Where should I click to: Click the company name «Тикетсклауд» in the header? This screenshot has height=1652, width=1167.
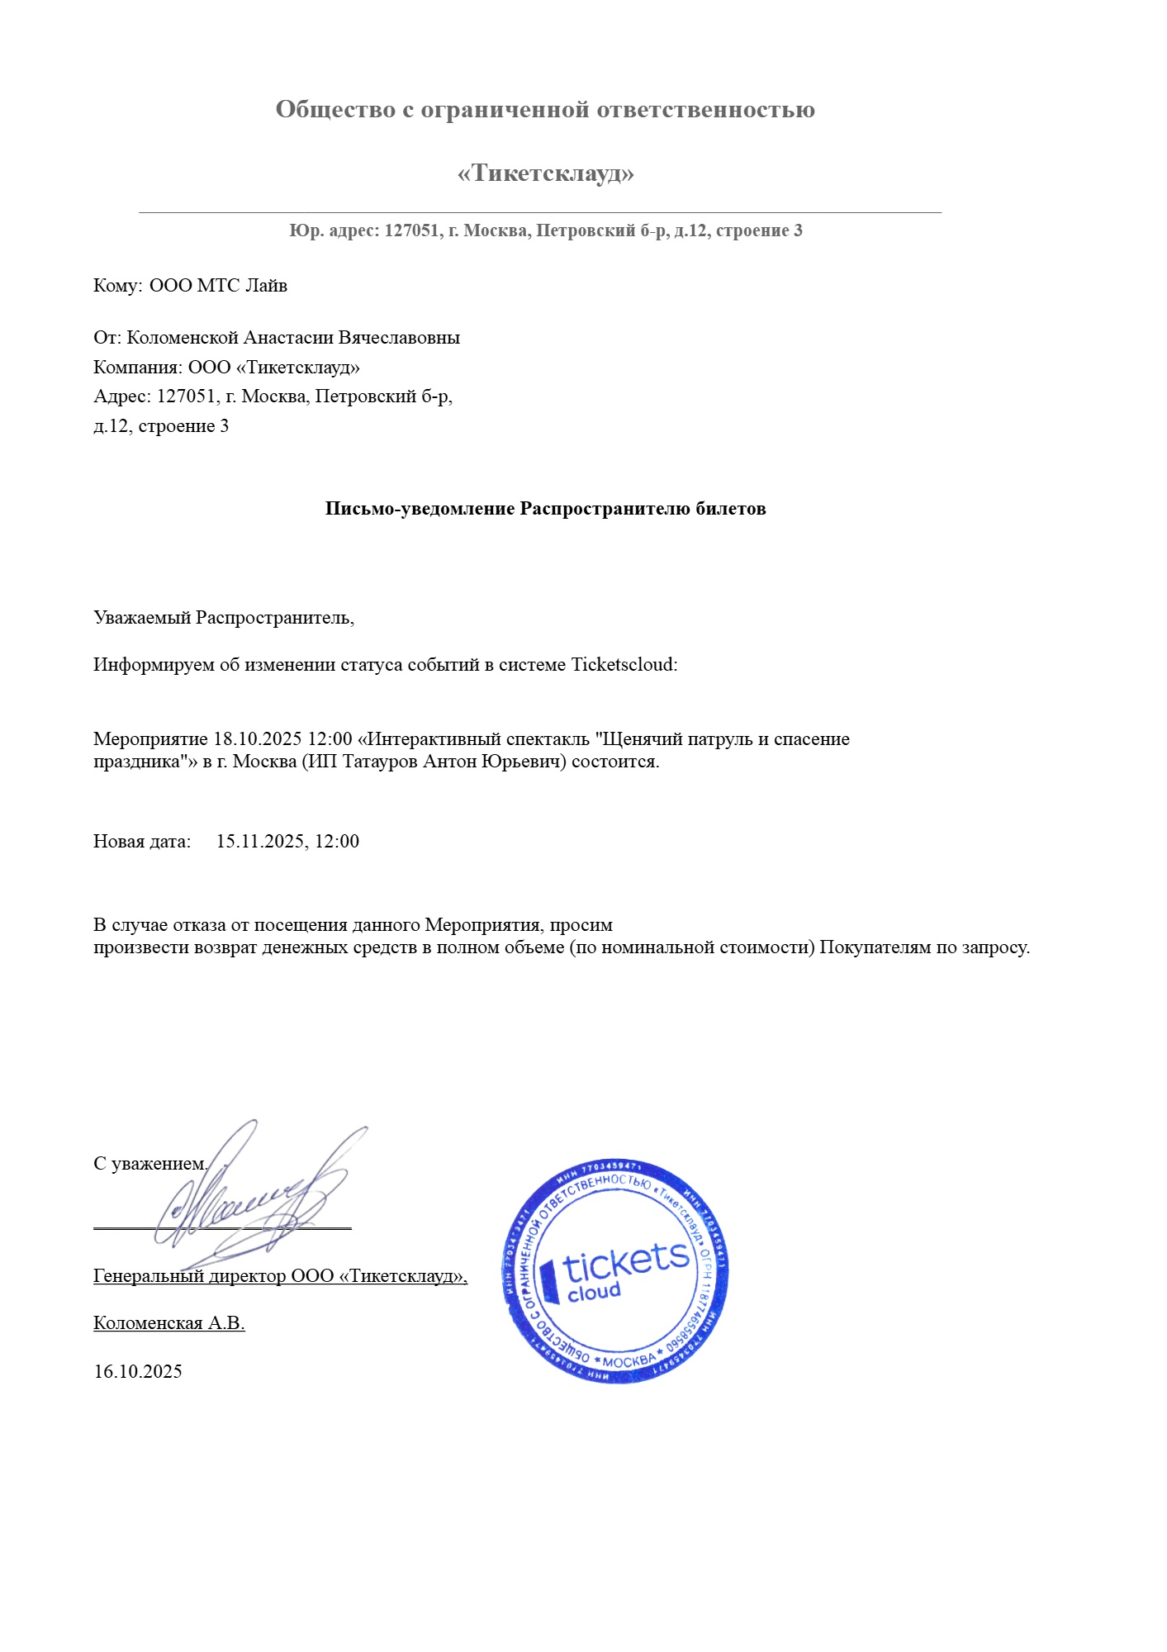(545, 173)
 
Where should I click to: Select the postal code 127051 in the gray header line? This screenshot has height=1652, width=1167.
(411, 230)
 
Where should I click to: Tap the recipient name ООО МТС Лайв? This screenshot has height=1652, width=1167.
(218, 286)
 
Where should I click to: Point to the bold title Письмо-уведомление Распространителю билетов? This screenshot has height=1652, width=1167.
(545, 509)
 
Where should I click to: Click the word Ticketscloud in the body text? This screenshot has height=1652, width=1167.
(624, 665)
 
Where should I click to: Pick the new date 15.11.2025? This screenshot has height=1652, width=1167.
(260, 842)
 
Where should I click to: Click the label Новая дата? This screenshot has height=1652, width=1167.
(141, 842)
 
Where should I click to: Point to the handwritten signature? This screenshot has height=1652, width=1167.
(256, 1198)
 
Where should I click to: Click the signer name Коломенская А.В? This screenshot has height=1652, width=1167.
(168, 1323)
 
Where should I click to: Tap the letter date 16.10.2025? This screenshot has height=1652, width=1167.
(138, 1372)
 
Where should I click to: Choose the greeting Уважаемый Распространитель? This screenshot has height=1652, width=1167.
(223, 618)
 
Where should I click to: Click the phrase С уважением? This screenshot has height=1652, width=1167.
(150, 1164)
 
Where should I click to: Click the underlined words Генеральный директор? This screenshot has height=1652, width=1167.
(189, 1276)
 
